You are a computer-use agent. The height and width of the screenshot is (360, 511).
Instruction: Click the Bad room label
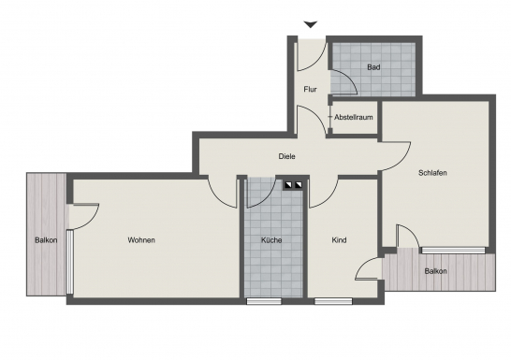click(373, 66)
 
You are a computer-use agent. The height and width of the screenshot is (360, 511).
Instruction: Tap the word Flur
click(310, 89)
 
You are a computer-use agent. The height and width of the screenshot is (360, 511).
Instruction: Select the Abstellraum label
click(354, 118)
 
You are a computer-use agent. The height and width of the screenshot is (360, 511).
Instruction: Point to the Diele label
click(286, 156)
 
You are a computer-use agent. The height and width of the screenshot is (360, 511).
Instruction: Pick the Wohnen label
click(141, 240)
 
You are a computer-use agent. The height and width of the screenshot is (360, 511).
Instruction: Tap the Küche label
click(271, 240)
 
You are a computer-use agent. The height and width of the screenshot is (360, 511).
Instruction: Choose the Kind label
click(339, 240)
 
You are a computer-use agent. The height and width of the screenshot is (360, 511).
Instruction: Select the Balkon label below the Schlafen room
click(435, 271)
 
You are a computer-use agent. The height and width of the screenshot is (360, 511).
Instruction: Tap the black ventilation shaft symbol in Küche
click(294, 184)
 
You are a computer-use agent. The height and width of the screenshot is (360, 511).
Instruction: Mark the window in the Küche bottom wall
click(264, 301)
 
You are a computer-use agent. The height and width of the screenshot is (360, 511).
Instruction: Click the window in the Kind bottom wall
click(333, 301)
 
